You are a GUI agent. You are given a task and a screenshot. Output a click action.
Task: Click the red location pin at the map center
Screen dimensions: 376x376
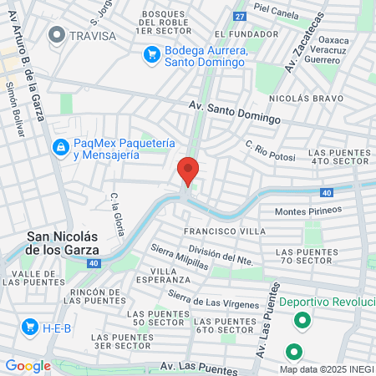click(188, 170)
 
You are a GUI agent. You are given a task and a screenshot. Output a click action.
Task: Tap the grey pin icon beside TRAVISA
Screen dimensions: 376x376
click(57, 35)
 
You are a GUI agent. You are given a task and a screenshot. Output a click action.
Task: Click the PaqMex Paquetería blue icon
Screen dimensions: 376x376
click(60, 148)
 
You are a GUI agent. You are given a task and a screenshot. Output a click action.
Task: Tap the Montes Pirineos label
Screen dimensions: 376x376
click(314, 211)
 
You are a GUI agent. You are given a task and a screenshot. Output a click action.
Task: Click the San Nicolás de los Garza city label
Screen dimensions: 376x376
click(64, 242)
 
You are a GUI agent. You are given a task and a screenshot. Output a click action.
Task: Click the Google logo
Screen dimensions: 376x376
click(28, 365)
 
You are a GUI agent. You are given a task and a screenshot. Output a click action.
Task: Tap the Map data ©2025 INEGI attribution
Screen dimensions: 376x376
click(327, 369)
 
